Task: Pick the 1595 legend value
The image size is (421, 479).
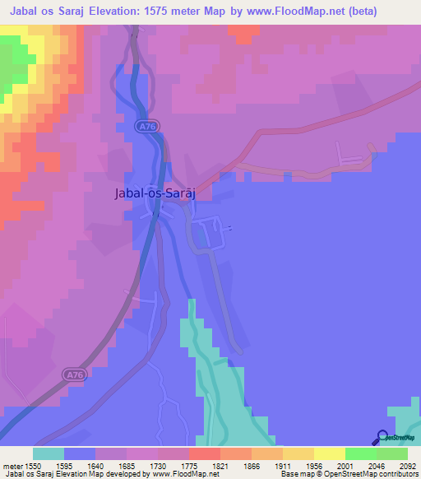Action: pyautogui.click(x=80, y=465)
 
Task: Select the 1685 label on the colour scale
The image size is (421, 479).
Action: pyautogui.click(x=141, y=465)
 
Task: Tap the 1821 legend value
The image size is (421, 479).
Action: pyautogui.click(x=235, y=465)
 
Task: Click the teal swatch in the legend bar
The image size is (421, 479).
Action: pyautogui.click(x=48, y=453)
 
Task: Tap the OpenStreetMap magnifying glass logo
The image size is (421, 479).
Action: pyautogui.click(x=382, y=436)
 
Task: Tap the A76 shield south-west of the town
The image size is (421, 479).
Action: pyautogui.click(x=75, y=375)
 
